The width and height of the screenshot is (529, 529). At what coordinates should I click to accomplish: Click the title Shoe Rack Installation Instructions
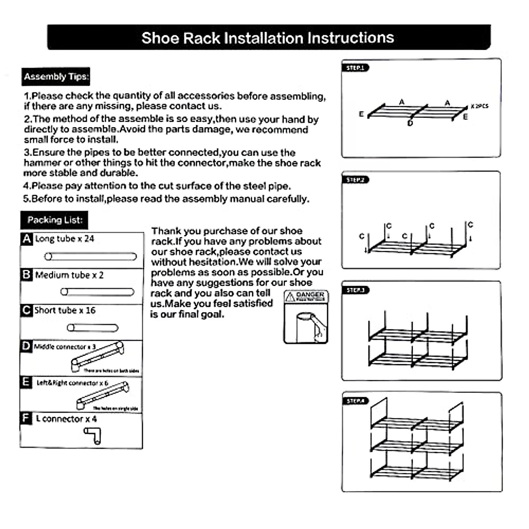tap(268, 38)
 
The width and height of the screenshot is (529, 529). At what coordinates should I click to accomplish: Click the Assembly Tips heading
tap(56, 77)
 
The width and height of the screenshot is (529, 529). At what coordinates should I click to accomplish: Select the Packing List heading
tap(55, 220)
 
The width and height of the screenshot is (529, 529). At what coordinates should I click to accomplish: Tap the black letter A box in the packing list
tap(27, 239)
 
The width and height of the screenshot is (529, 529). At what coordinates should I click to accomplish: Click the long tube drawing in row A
tap(91, 256)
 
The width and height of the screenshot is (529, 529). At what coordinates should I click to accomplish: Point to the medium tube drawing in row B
tap(97, 292)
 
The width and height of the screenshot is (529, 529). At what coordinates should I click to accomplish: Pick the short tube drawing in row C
tap(93, 328)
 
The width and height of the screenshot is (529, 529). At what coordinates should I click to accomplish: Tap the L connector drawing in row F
tap(93, 435)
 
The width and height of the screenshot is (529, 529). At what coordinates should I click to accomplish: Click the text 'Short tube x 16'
tap(65, 310)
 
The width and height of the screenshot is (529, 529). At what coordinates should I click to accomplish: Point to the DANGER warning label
tap(306, 296)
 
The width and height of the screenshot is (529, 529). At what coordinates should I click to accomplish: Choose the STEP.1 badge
tap(355, 68)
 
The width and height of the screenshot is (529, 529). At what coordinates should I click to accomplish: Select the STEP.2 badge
tap(355, 180)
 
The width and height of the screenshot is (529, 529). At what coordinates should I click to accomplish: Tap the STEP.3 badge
tap(355, 290)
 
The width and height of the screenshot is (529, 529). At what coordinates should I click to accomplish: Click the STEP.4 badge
tap(355, 401)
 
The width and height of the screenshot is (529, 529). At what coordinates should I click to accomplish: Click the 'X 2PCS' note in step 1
tap(479, 106)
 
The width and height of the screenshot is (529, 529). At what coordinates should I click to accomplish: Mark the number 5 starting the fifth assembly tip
tap(26, 199)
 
